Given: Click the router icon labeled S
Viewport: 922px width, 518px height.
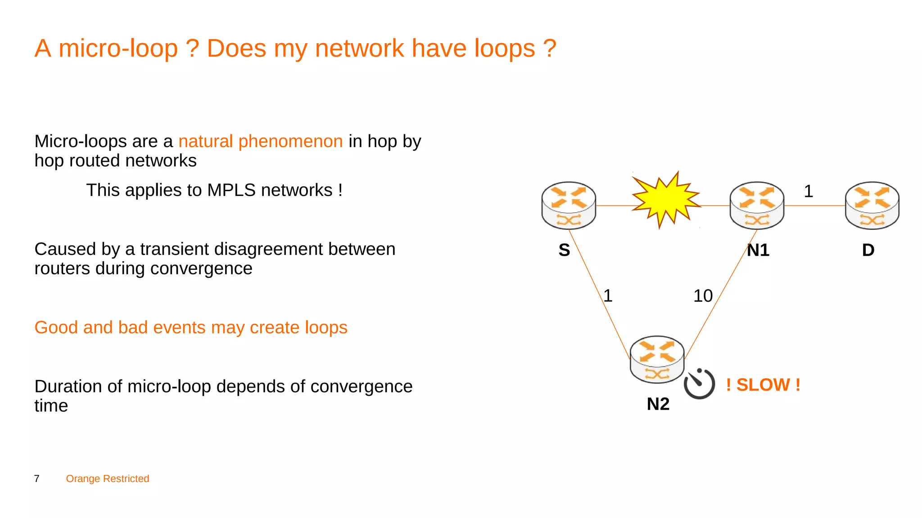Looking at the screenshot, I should (569, 205).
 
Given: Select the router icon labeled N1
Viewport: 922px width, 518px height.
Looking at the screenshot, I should (757, 205).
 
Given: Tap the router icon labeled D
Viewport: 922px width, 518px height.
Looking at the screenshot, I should (872, 205).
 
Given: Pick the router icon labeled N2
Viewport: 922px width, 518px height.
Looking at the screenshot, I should (657, 359).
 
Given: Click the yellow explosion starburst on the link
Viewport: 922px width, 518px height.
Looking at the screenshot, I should (665, 199).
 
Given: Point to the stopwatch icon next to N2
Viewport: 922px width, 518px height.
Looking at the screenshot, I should (699, 384).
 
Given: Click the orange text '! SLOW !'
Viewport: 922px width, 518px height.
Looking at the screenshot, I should (763, 385).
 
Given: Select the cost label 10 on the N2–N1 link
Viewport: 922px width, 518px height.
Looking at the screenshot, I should (703, 296).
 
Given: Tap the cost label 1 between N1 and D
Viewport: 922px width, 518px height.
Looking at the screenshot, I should (809, 192).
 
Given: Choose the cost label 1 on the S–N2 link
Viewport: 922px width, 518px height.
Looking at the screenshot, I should (608, 296).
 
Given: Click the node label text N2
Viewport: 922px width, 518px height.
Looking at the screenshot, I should (658, 404).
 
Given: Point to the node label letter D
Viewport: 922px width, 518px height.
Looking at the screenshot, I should (868, 250).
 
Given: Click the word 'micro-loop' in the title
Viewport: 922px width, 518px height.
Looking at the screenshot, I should (118, 49).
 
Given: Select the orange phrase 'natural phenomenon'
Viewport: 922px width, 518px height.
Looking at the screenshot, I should (261, 142).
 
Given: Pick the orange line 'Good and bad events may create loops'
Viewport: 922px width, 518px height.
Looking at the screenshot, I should (191, 327).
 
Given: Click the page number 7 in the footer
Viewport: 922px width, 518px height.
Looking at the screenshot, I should (37, 479).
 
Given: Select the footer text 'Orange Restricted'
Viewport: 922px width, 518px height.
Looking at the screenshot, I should (108, 479).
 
